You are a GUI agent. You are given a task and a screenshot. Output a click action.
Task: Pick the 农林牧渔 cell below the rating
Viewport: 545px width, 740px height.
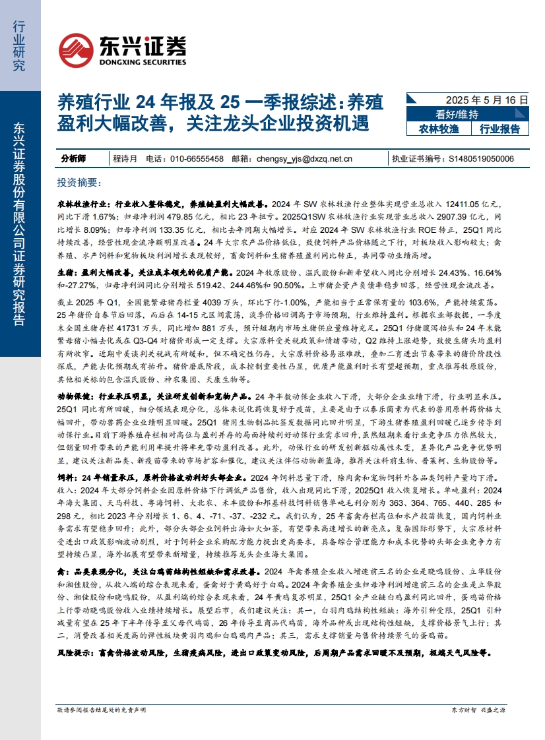coord(438,129)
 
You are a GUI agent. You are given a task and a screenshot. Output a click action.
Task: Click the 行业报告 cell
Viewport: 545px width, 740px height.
coord(499,129)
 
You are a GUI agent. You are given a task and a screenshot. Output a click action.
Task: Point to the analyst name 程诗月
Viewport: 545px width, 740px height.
coord(125,158)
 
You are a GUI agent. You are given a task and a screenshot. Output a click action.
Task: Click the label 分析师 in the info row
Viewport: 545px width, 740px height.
coord(73,158)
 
